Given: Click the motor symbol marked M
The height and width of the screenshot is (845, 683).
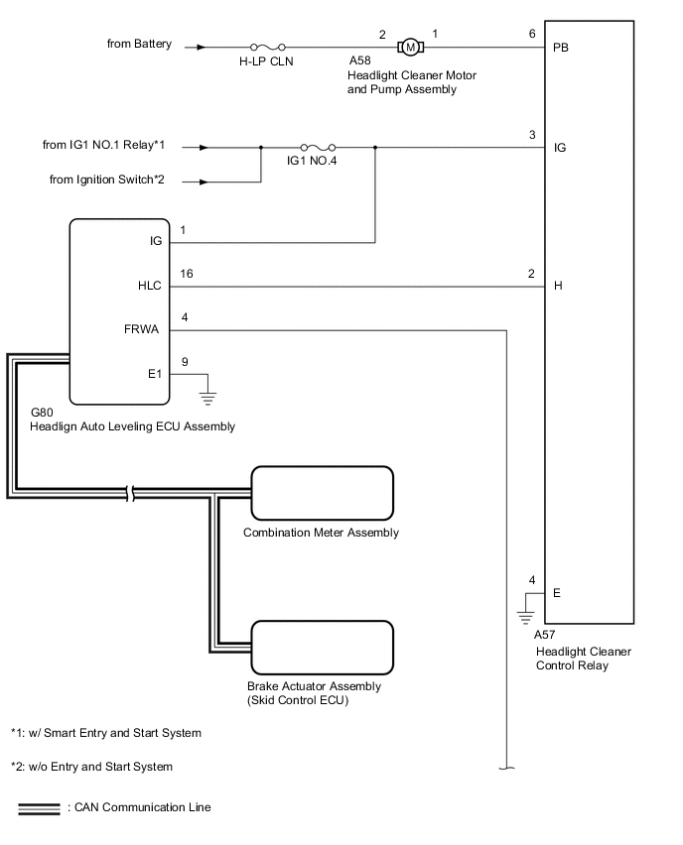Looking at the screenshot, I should point(410,47).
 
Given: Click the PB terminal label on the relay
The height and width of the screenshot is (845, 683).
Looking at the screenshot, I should point(561,48).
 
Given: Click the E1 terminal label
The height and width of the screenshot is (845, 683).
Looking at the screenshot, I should point(154,373).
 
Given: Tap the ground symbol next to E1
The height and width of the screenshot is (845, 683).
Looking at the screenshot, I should point(207,394).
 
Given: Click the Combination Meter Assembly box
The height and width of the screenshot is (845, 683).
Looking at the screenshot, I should point(323,490).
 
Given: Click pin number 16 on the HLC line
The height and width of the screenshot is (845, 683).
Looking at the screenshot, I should point(186,274).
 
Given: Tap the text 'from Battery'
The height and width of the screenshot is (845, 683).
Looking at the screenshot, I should point(140,44).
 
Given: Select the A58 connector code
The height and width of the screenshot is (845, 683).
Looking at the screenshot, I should point(359,73).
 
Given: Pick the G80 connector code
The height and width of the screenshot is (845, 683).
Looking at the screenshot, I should point(43,412).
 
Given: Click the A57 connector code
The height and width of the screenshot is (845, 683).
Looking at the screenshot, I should point(546,635).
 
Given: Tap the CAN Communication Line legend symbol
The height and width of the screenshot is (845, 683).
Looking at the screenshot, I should point(39,807).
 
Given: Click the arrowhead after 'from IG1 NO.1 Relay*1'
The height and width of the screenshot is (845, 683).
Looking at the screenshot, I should point(204,148).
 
